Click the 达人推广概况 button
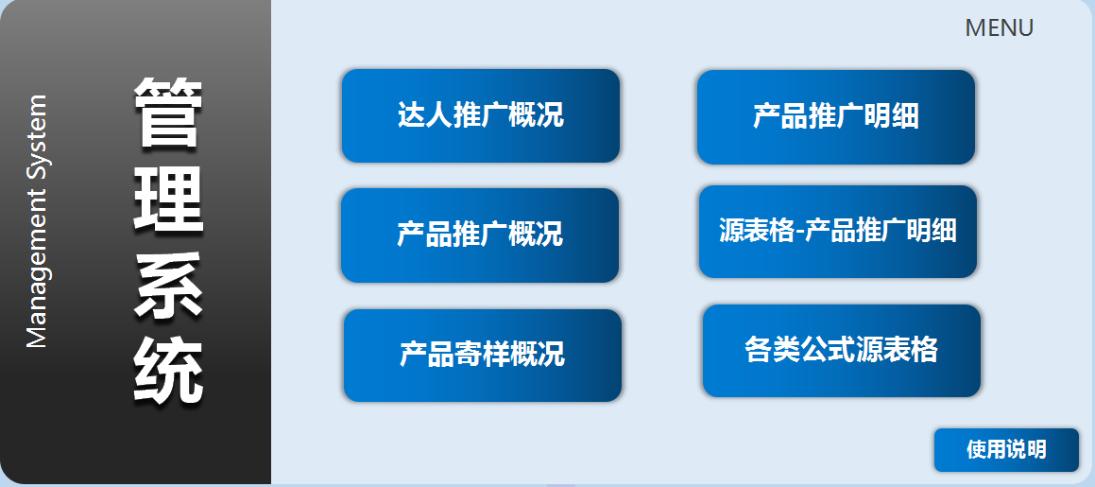coord(481,116)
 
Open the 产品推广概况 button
coord(480,235)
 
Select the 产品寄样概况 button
coord(483,356)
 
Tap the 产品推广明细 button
coord(836,117)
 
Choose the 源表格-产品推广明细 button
coord(838,232)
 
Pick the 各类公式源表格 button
coord(842,351)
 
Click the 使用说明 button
coord(1006,450)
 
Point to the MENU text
coord(999,28)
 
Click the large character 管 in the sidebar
coord(168,113)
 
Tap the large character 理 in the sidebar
coord(168,200)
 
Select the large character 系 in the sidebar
coord(168,286)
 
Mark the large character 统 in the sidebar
coord(168,370)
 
